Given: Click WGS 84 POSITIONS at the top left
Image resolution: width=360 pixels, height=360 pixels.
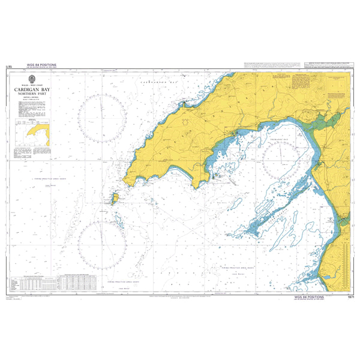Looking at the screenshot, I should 41,65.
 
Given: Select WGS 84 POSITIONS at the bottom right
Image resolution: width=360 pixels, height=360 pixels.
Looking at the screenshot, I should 309,297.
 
